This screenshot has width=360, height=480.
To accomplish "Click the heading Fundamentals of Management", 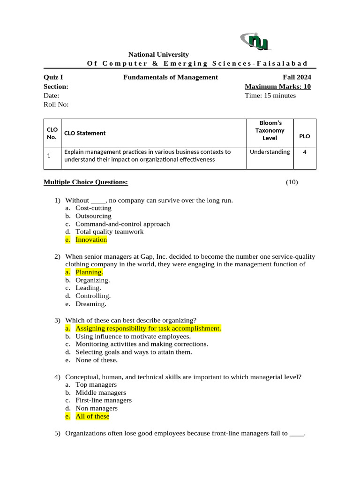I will pos(170,77).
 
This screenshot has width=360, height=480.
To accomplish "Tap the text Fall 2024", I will pos(296,77).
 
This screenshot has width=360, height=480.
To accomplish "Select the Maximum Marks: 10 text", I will pos(277,87).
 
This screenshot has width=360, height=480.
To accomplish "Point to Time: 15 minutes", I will pos(270,96).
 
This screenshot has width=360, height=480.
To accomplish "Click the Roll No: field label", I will pos(56,105).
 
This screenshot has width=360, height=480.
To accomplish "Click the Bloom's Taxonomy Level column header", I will pos(270,131).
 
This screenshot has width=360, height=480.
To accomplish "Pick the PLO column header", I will pos(304,136).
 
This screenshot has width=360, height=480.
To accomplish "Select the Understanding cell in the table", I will pos(270,152).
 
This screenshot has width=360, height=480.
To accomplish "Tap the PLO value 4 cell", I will pos(305,152).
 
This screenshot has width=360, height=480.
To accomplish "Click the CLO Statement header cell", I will pos(85,133).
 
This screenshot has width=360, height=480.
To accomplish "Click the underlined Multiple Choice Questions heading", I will pos(85,182).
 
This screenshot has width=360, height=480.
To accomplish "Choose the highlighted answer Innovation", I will pos(91,240).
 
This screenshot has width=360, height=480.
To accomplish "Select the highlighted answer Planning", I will pos(89,272).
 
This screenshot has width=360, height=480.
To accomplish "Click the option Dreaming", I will pos(91,304).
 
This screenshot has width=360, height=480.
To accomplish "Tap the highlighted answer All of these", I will pos(92,416).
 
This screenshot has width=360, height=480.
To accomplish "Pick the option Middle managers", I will pos(101,393).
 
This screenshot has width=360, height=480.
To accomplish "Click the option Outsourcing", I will pos(93,216).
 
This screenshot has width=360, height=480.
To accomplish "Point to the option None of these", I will pos(97,360).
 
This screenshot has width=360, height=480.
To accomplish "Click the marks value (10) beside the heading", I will pos(292,182).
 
